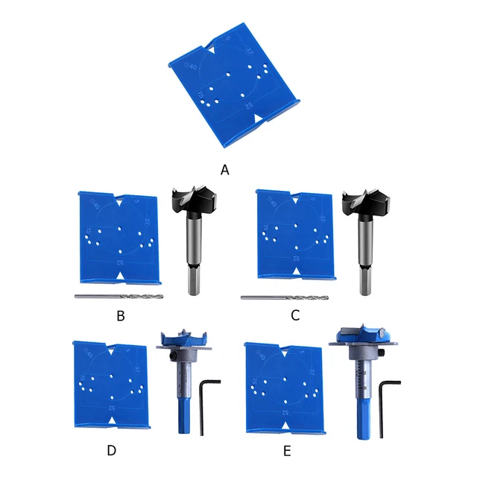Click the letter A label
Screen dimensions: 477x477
click(224, 169)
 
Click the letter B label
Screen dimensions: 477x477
click(121, 315)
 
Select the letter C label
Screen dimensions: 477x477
click(295, 315)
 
